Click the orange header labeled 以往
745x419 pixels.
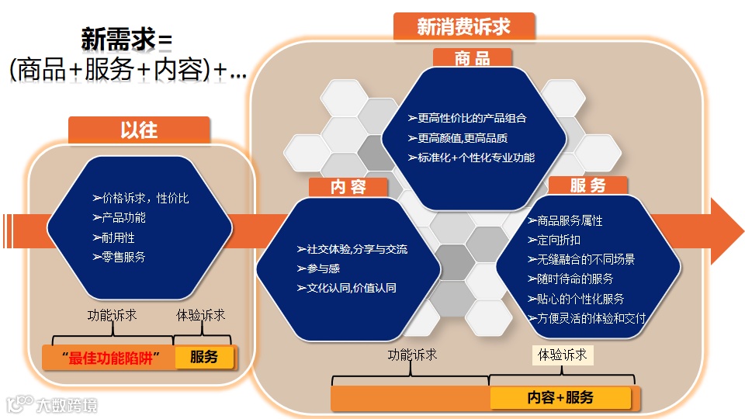139,130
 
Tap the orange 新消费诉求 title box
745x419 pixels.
464,26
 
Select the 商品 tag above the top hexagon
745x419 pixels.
473,58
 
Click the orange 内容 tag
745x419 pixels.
348,187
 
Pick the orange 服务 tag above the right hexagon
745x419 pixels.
587,185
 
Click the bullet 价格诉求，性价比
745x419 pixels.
140,198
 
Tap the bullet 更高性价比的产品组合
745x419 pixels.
467,118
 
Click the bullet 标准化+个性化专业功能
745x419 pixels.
471,157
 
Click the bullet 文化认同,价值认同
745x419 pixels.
346,288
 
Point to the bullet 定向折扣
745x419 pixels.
553,240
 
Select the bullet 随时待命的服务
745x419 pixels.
570,279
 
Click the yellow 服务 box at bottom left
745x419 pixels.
204,357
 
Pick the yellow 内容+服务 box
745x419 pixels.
560,397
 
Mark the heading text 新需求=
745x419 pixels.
126,40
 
